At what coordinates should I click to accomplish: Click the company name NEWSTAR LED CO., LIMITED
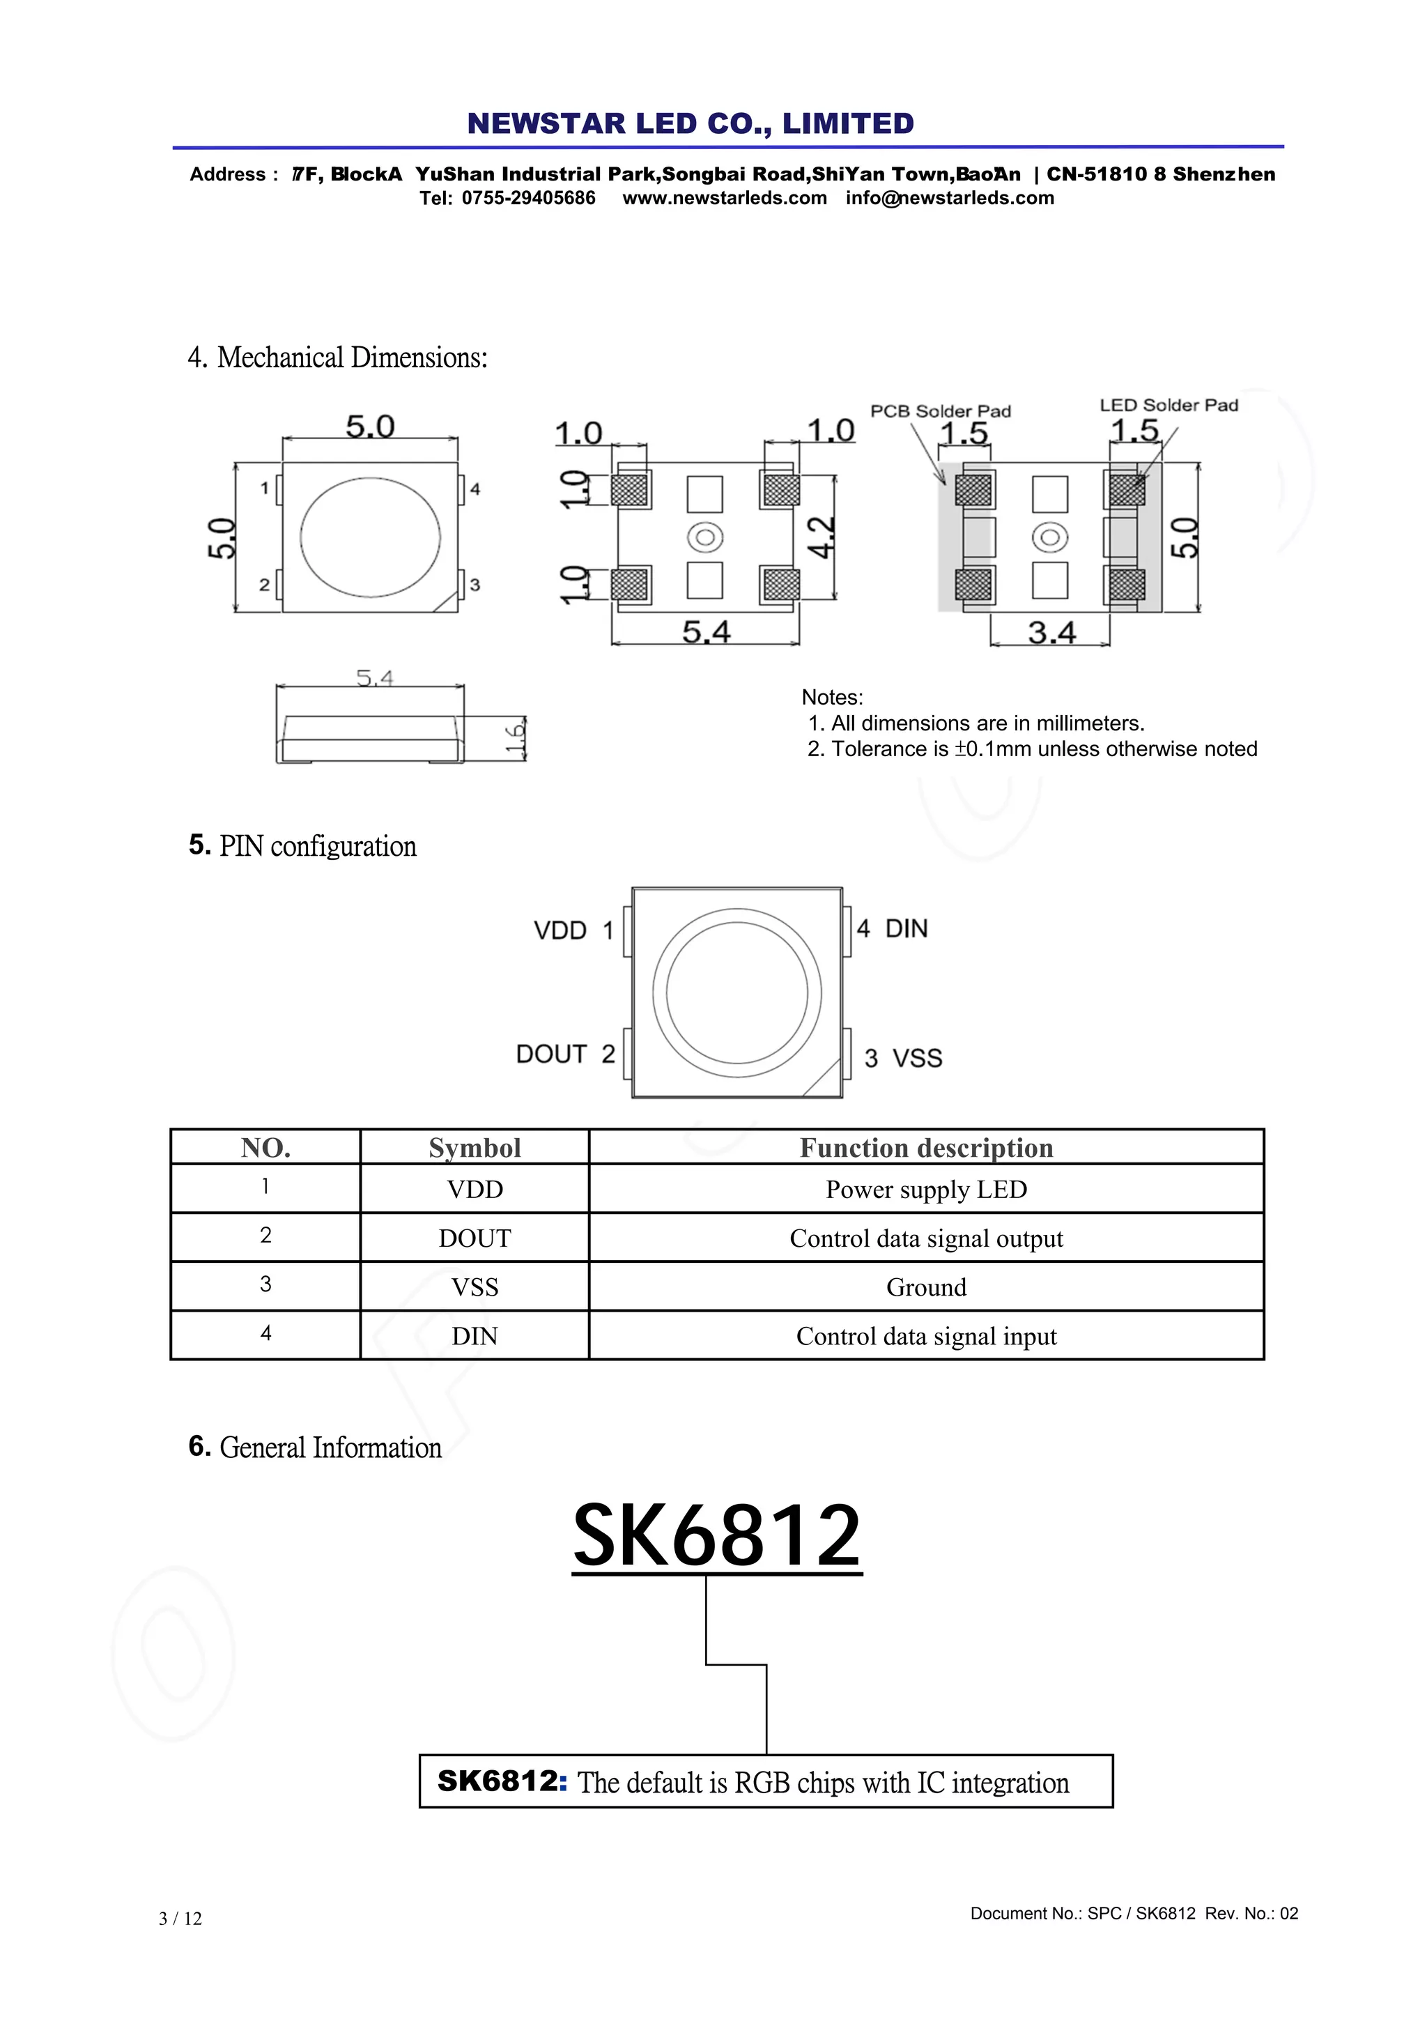pos(691,123)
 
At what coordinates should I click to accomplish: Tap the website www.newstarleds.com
pos(725,198)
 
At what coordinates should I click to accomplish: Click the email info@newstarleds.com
pos(950,198)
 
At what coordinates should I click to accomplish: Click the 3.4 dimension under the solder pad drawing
pos(1051,632)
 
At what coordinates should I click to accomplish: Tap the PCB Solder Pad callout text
pos(940,410)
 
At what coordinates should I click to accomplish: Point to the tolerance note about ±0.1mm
pos(1031,749)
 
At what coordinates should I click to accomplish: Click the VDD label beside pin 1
pos(560,930)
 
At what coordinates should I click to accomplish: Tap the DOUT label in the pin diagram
pos(550,1054)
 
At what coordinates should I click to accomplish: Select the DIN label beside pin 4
pos(906,928)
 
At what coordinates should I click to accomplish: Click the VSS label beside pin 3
pos(917,1058)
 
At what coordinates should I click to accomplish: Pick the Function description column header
pos(926,1148)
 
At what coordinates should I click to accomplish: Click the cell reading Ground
pos(926,1287)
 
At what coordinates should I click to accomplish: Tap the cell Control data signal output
pos(926,1238)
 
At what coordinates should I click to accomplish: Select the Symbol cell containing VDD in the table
pos(475,1189)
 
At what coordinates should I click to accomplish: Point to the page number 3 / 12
pos(180,1919)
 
